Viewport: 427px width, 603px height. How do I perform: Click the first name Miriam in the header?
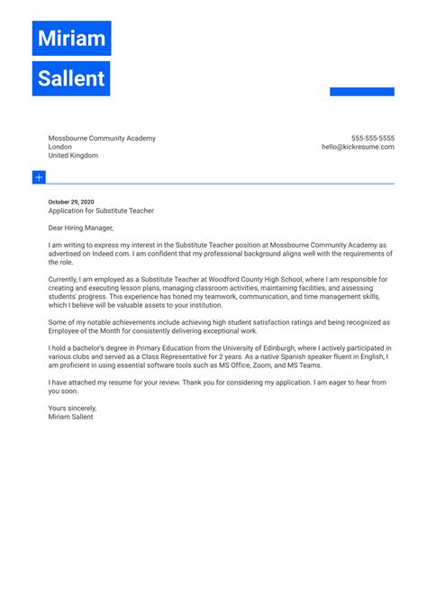click(x=71, y=39)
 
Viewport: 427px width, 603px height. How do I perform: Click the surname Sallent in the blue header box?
click(x=71, y=78)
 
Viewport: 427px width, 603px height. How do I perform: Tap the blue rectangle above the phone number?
click(x=361, y=92)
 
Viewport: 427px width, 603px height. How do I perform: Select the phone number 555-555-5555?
click(x=372, y=139)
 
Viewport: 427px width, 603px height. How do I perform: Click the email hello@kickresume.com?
click(x=358, y=147)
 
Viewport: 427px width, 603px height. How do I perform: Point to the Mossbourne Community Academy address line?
click(x=102, y=139)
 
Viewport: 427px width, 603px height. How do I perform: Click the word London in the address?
click(x=60, y=147)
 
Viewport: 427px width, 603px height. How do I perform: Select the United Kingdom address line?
click(x=73, y=156)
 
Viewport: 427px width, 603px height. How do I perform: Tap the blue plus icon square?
click(x=39, y=177)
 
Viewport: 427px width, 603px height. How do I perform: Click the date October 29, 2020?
click(x=71, y=202)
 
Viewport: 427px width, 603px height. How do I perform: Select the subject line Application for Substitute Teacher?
click(x=101, y=211)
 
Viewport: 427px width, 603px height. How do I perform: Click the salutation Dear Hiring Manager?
click(x=87, y=229)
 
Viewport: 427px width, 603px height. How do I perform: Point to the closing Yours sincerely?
click(x=72, y=408)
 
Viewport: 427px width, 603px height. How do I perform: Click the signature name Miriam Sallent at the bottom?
click(x=70, y=417)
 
